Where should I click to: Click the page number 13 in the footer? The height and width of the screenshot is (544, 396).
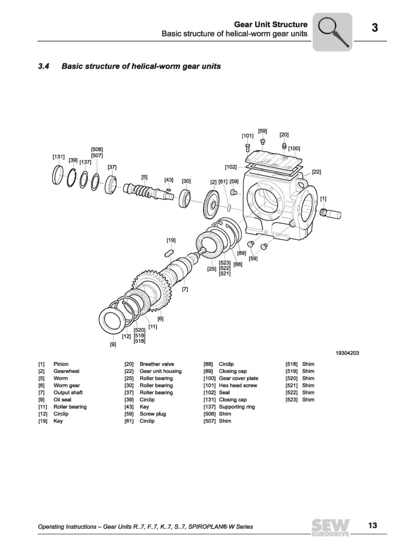click(x=372, y=525)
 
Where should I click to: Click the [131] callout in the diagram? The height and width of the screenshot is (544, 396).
click(x=58, y=156)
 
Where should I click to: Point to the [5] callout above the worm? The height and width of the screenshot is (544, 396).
click(x=144, y=177)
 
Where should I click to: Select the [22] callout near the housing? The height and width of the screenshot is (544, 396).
click(x=316, y=172)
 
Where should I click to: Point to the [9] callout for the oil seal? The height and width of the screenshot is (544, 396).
click(x=113, y=344)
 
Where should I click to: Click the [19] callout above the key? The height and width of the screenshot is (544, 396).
click(x=171, y=240)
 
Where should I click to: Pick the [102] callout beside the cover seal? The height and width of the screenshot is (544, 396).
click(x=230, y=167)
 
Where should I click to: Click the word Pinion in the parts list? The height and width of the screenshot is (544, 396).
click(x=61, y=364)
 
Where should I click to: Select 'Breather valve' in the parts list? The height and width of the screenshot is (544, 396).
click(x=157, y=364)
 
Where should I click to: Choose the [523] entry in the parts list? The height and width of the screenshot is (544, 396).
click(x=292, y=399)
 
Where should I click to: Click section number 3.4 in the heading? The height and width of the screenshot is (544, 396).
click(x=44, y=66)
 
